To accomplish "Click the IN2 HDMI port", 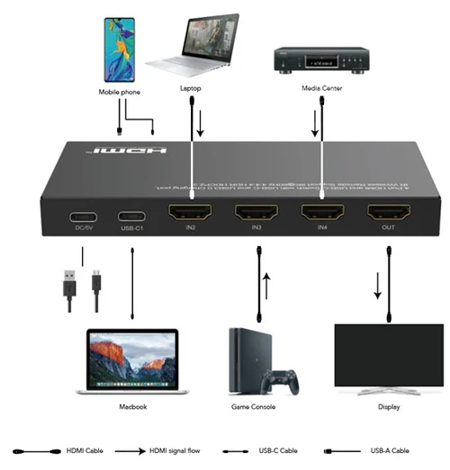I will click(x=191, y=215).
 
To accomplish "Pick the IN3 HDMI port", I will click(x=256, y=215).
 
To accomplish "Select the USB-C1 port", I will click(x=132, y=217).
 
